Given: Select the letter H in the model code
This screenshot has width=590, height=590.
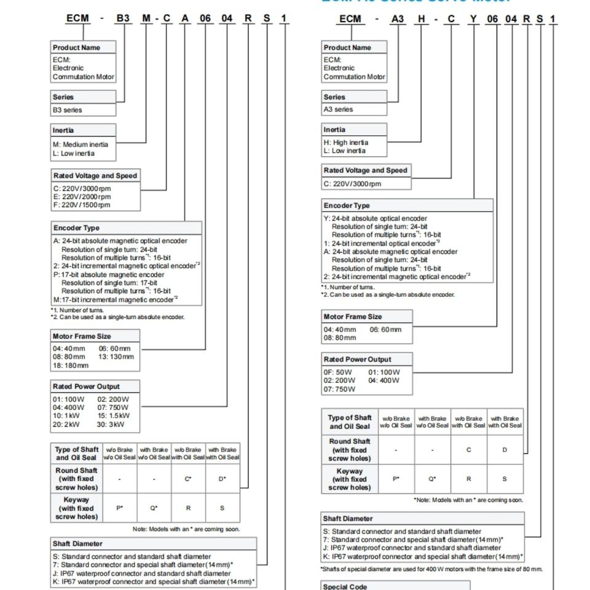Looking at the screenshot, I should [x=422, y=19].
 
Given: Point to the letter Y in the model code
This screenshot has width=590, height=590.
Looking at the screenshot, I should [x=473, y=19].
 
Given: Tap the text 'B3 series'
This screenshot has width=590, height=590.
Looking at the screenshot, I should [x=67, y=110].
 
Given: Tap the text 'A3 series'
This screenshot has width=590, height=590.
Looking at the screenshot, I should [x=339, y=109].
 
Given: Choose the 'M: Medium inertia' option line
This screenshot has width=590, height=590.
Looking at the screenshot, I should [x=81, y=144].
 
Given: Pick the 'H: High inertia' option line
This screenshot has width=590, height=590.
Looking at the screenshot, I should [x=346, y=143].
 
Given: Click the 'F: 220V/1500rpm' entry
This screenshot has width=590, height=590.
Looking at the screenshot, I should [x=82, y=205].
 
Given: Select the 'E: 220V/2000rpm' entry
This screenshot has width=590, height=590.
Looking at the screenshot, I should [x=82, y=197].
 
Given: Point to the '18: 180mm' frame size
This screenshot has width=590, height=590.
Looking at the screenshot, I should [x=71, y=365].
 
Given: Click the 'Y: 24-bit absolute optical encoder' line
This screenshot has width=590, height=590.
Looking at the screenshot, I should [x=375, y=218].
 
